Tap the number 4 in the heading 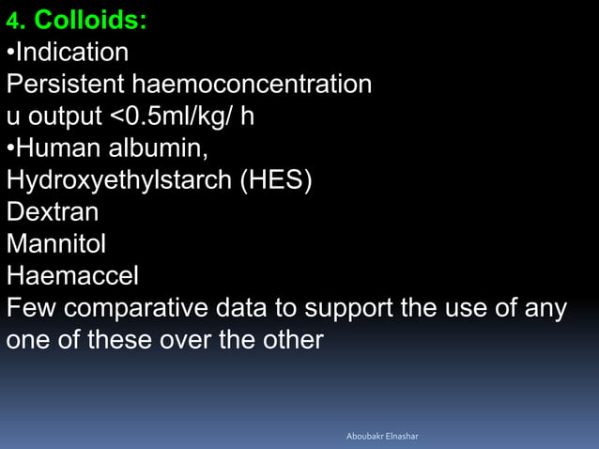click(12, 21)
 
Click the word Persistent click(66, 85)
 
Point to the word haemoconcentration click(252, 85)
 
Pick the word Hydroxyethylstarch click(119, 180)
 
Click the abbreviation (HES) click(276, 180)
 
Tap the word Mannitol click(55, 244)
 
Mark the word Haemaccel click(72, 276)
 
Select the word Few click(31, 308)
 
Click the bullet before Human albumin click(10, 149)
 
